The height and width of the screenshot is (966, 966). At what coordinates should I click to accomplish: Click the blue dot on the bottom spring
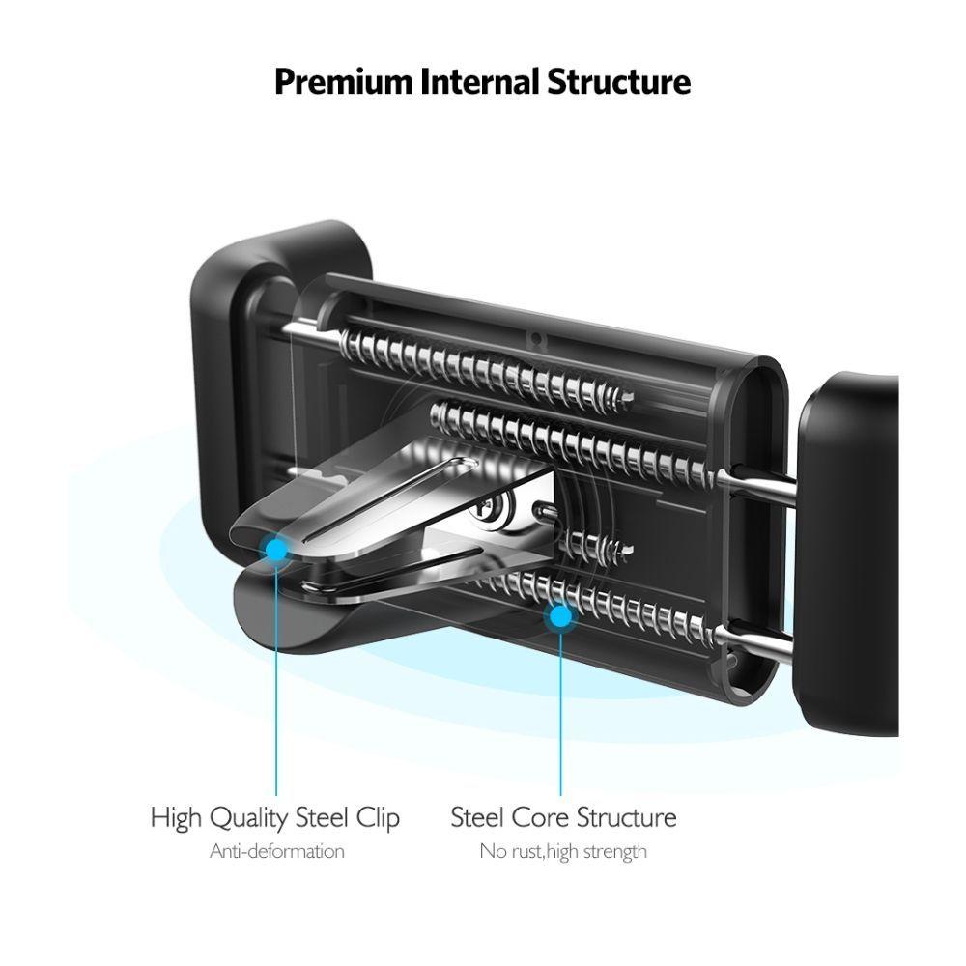coord(558,614)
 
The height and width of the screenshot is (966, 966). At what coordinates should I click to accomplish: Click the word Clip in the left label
coord(378,818)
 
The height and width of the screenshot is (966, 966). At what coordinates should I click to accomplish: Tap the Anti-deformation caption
coord(276,851)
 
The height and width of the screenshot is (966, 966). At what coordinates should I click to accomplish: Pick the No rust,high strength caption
coord(563,851)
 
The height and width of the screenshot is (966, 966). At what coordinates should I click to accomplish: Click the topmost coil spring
coord(483,365)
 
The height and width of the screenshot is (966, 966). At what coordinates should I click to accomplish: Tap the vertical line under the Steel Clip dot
coord(276,696)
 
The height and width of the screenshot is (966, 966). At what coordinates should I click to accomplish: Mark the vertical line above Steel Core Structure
coord(559,715)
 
